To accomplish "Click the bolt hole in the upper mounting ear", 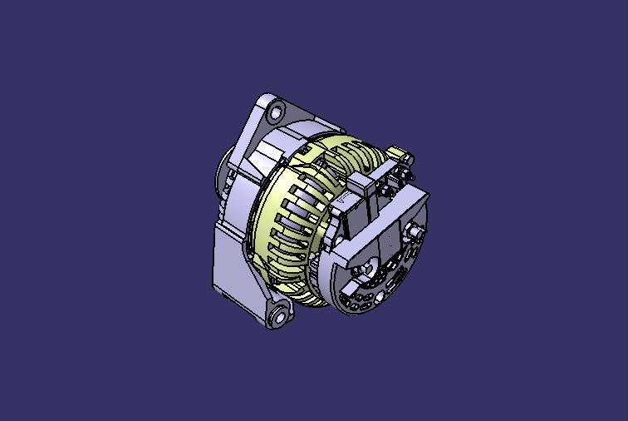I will tap(276, 110).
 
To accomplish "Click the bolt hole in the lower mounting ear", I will tap(278, 317).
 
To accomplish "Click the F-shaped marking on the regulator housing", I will tap(342, 201).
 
